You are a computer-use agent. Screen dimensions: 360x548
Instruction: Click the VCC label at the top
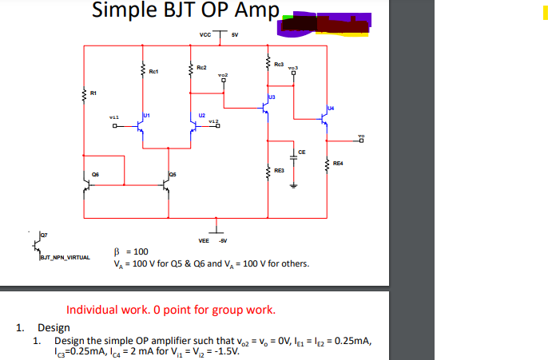(x=205, y=35)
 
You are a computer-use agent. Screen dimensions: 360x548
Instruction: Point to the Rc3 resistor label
(x=278, y=64)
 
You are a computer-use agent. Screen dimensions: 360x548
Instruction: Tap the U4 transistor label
(x=330, y=107)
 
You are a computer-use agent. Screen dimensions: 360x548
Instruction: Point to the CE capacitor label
(x=301, y=152)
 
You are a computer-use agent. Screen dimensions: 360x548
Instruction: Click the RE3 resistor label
(x=279, y=171)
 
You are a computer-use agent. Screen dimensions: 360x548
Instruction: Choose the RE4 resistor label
(x=338, y=164)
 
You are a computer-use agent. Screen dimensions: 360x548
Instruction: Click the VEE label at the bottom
(x=204, y=239)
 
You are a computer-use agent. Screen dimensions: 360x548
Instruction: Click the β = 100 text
(x=133, y=251)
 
